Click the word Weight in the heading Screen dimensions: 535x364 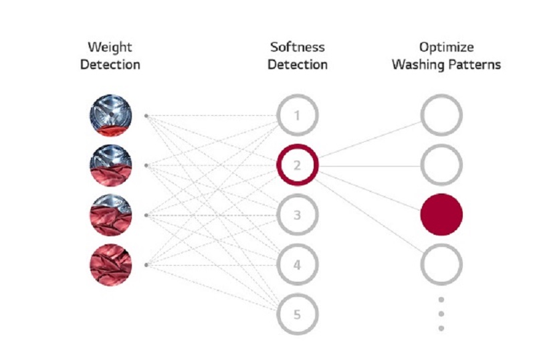click(110, 47)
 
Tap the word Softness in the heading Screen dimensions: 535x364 click(298, 47)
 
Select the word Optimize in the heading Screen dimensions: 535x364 click(446, 47)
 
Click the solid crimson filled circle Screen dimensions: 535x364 click(441, 215)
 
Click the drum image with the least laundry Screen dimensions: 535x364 click(110, 115)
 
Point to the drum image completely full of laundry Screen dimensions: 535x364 click(110, 264)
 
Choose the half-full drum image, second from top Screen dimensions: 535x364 click(110, 165)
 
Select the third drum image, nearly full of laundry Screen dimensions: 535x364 click(110, 215)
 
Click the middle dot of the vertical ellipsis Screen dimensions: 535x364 click(441, 314)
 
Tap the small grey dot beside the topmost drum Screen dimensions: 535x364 click(146, 116)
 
